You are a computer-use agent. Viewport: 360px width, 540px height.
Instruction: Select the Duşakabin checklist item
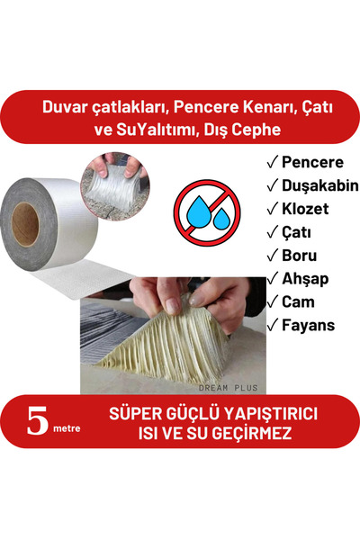pos(320,186)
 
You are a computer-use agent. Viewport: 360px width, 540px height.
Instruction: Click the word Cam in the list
pos(300,302)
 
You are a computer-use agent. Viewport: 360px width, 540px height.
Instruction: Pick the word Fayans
pos(309,325)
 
